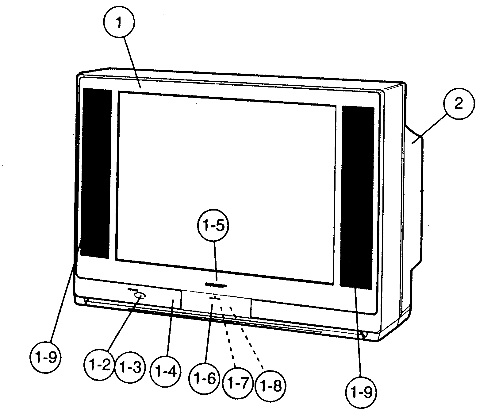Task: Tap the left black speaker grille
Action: coord(96,173)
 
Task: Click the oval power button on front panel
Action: coord(140,296)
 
